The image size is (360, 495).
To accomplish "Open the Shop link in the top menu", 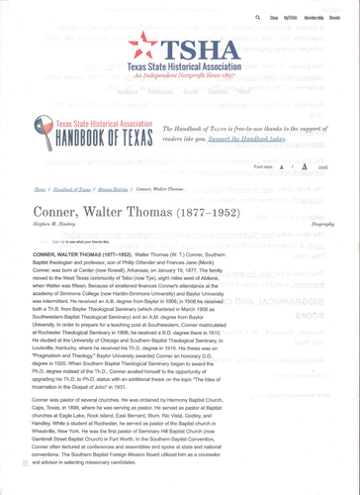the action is [274, 18].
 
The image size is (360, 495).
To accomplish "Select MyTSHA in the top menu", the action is [290, 18].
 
